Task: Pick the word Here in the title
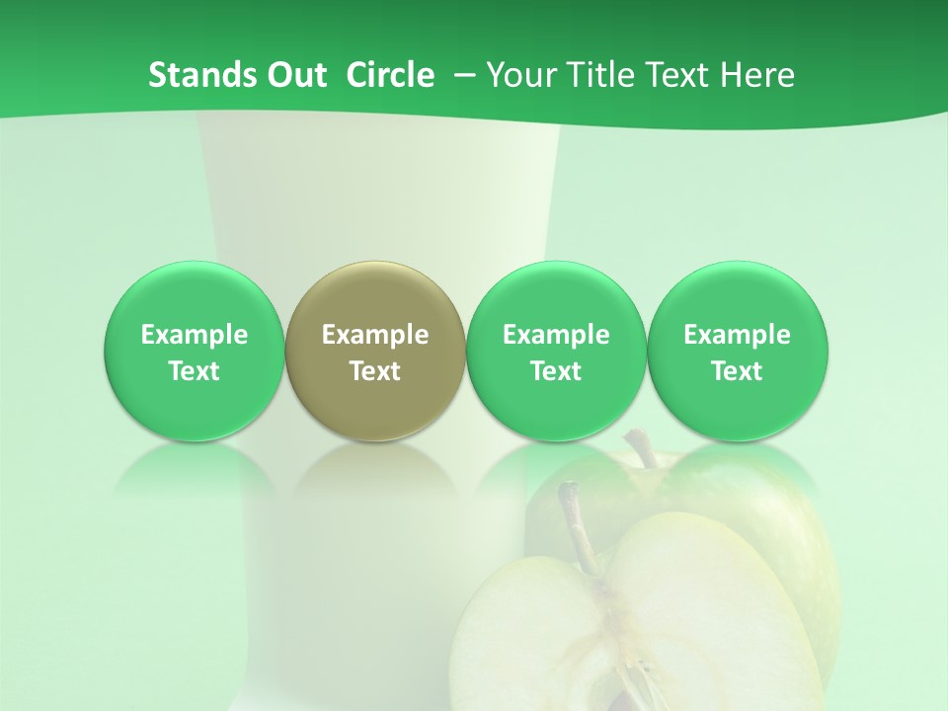click(x=755, y=75)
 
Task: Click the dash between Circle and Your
click(x=460, y=75)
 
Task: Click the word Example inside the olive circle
click(x=375, y=335)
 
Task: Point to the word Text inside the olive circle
click(x=375, y=371)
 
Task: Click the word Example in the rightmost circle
click(x=737, y=335)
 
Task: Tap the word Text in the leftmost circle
click(x=195, y=371)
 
